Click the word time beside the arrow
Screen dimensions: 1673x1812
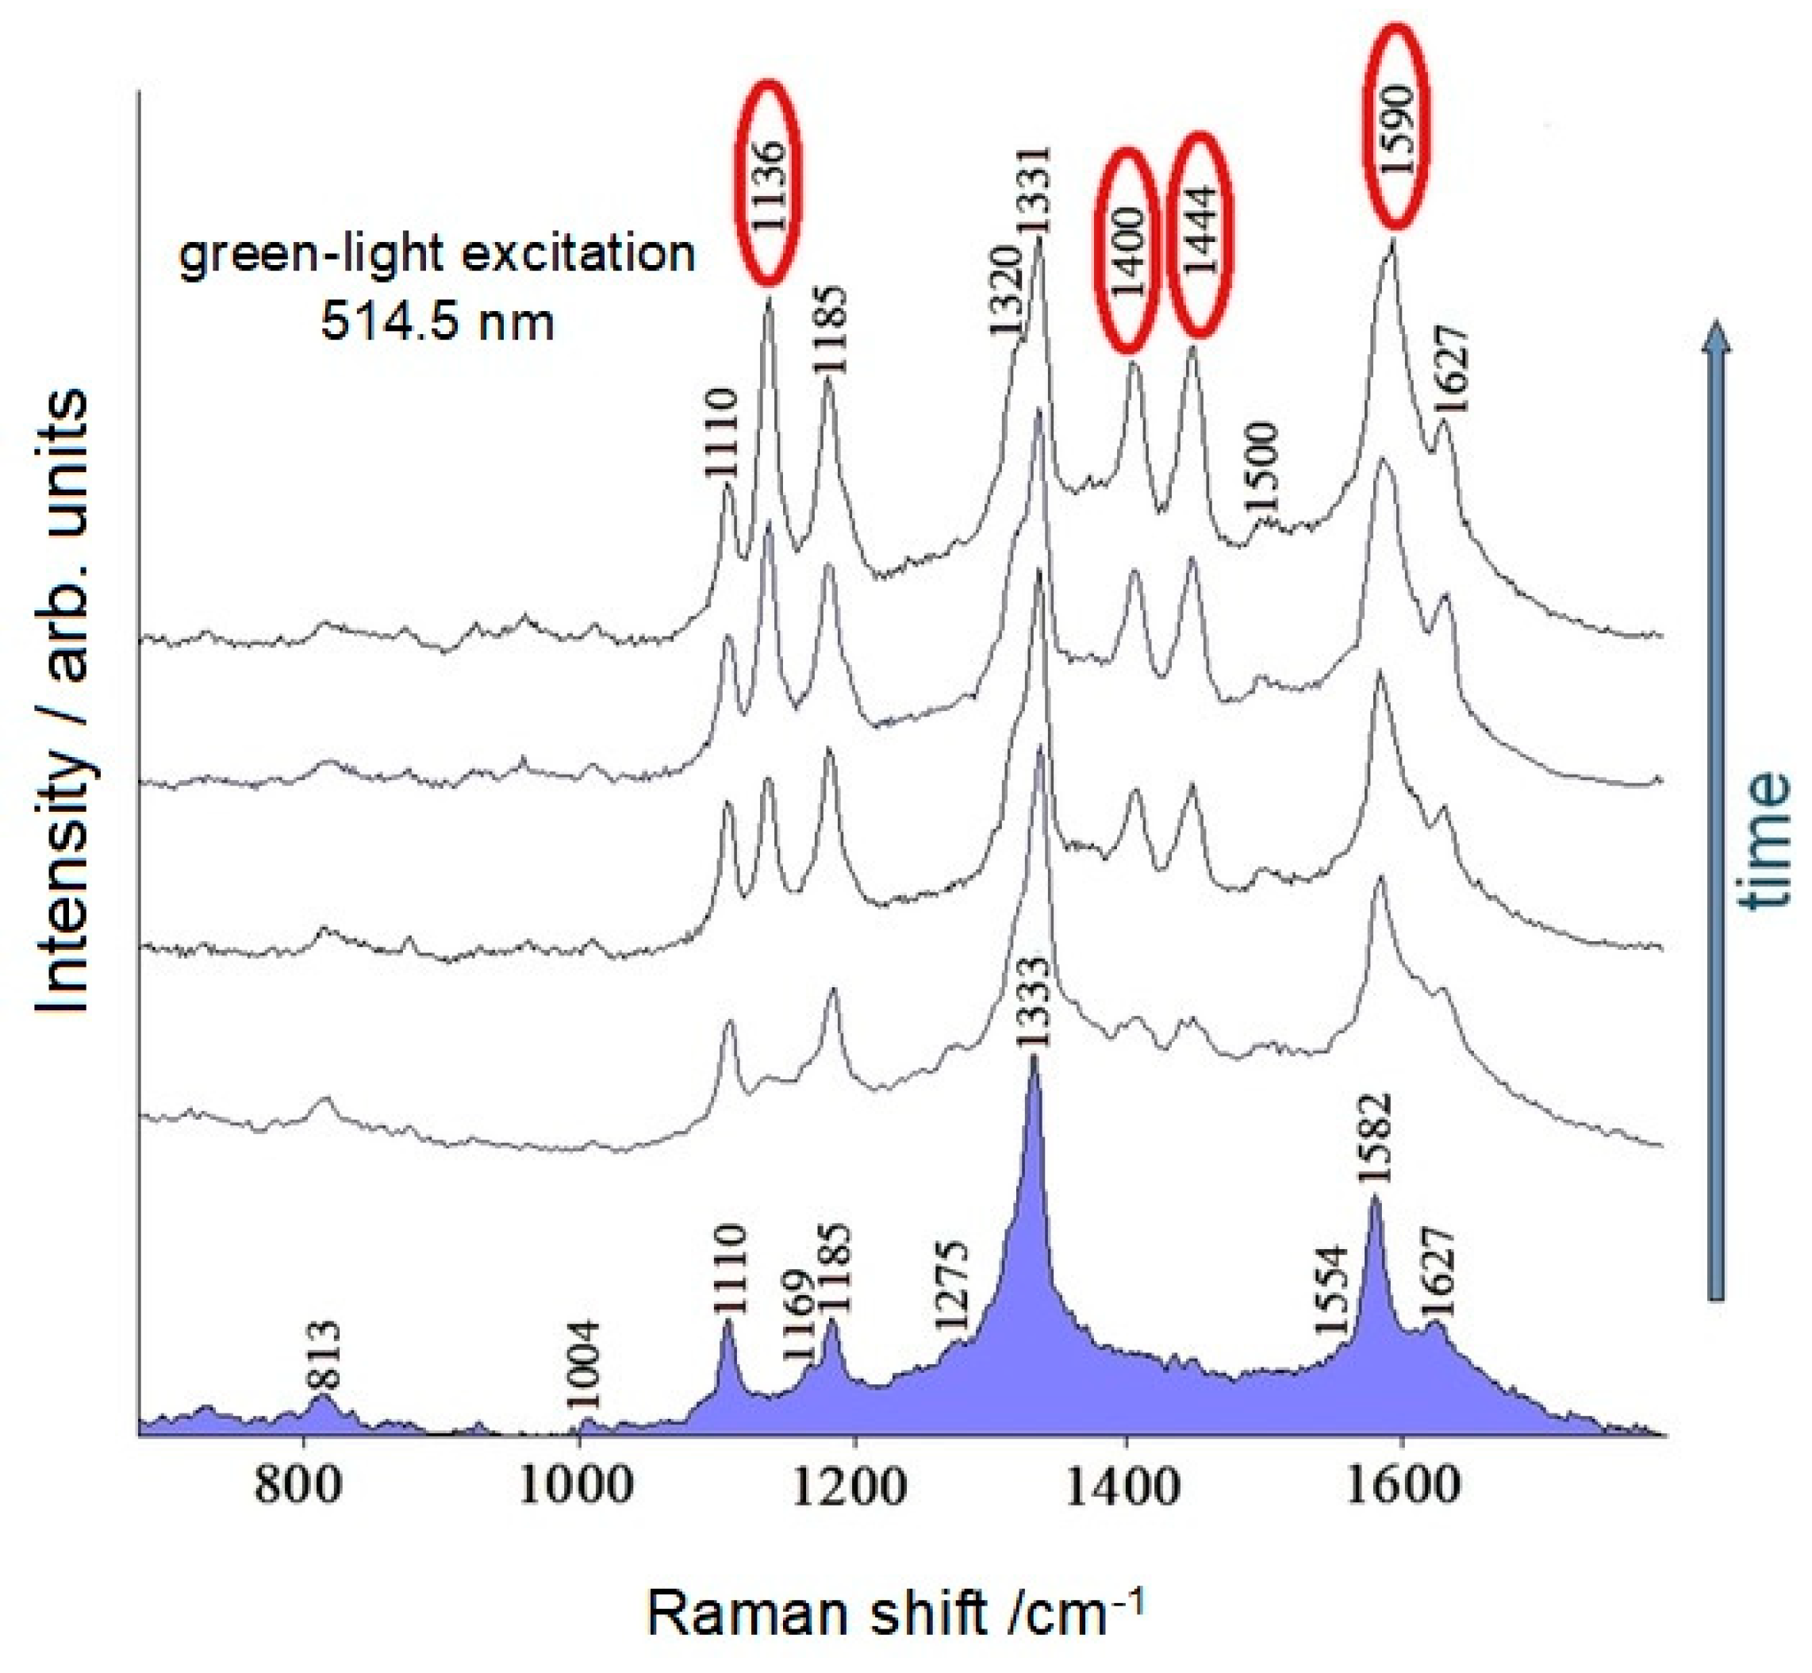(1765, 840)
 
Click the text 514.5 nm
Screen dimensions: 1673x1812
(437, 321)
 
